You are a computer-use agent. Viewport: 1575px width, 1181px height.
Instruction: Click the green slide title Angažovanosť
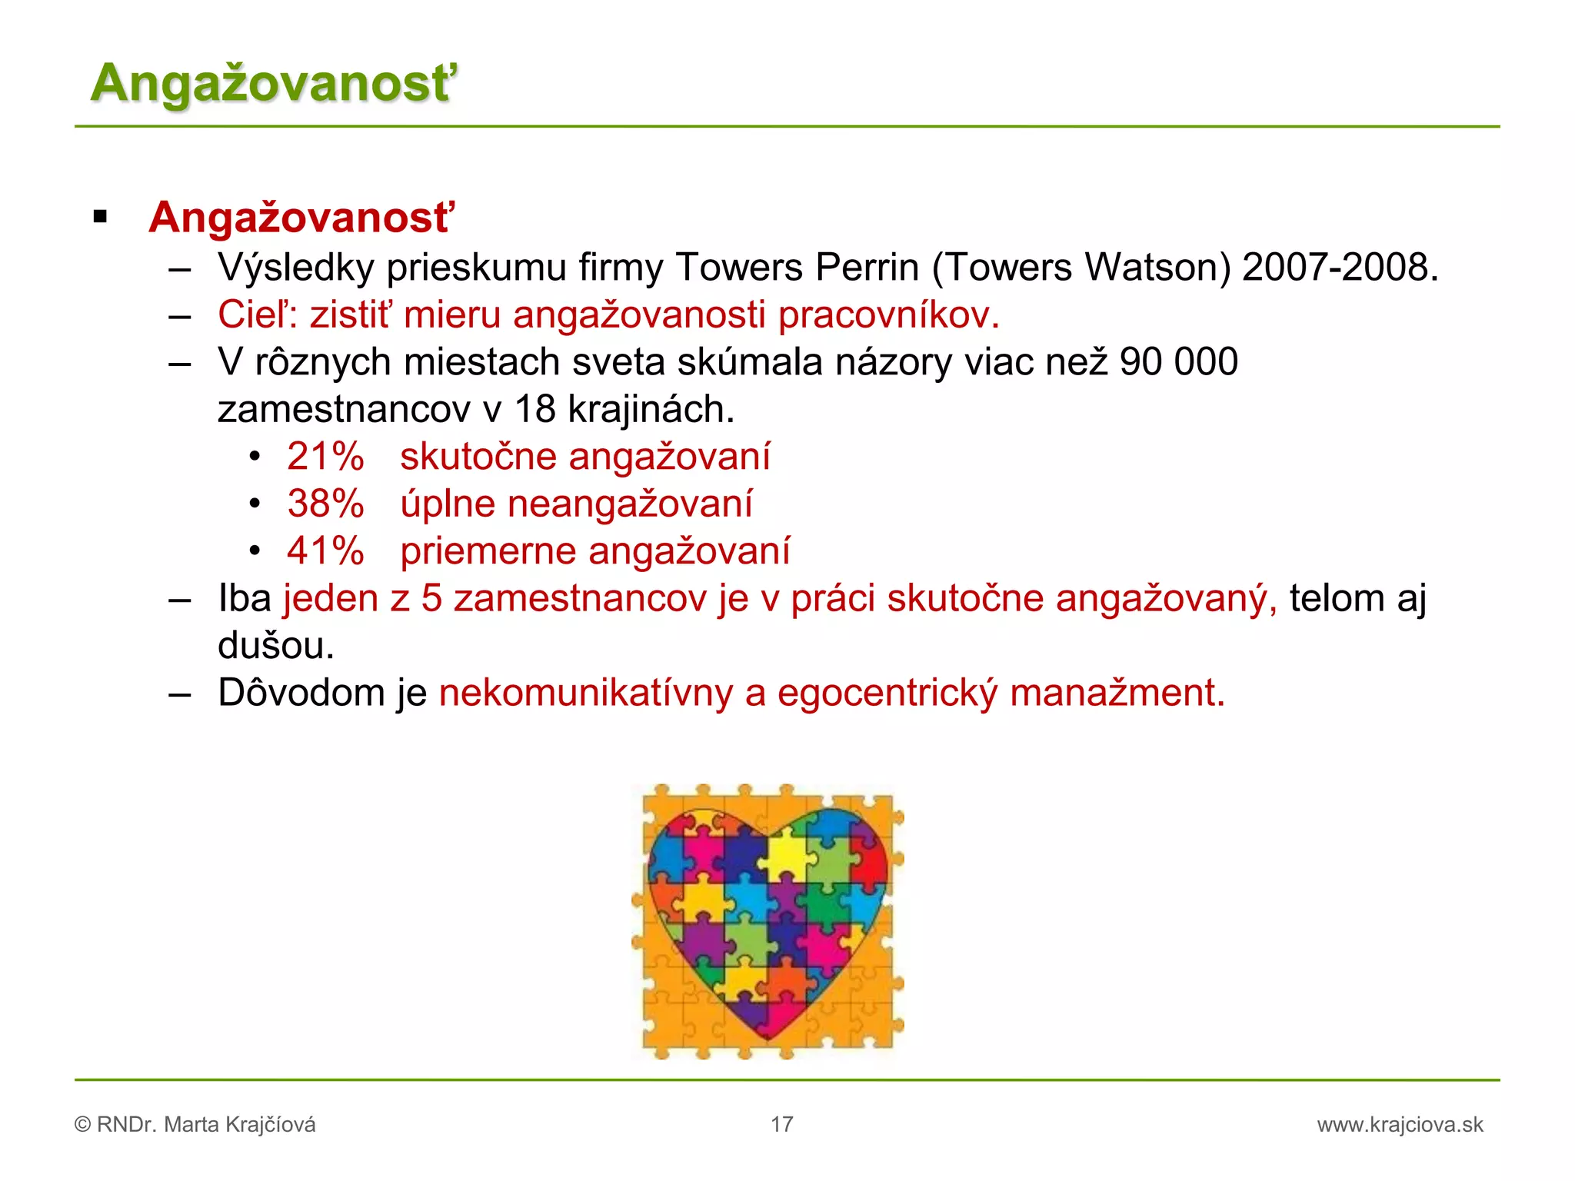(x=273, y=83)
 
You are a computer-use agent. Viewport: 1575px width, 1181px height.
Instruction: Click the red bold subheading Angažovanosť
(x=301, y=218)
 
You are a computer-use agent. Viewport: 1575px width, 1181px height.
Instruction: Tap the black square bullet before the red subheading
(x=100, y=218)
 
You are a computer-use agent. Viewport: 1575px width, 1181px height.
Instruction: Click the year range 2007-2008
(x=1339, y=268)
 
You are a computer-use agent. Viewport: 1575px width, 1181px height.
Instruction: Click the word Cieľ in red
(x=251, y=315)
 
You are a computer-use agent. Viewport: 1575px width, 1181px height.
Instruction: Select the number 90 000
(x=1179, y=362)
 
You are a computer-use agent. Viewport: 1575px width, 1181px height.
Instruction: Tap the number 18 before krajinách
(x=534, y=409)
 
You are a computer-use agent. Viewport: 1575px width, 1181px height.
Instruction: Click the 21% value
(x=325, y=457)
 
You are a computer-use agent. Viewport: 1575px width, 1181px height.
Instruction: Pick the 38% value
(x=325, y=504)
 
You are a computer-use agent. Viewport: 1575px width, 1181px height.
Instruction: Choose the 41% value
(x=325, y=551)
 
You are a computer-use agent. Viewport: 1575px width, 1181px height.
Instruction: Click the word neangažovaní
(x=630, y=504)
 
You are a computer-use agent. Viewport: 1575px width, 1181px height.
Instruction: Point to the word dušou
(x=275, y=646)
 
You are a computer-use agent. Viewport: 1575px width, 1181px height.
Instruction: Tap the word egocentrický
(x=887, y=694)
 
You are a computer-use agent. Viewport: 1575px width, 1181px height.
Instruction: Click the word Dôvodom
(x=301, y=694)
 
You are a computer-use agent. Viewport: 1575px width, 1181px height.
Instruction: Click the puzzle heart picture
(x=768, y=921)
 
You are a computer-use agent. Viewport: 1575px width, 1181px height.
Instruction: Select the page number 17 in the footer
(x=782, y=1125)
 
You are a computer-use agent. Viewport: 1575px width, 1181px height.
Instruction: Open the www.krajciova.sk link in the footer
(x=1400, y=1125)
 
